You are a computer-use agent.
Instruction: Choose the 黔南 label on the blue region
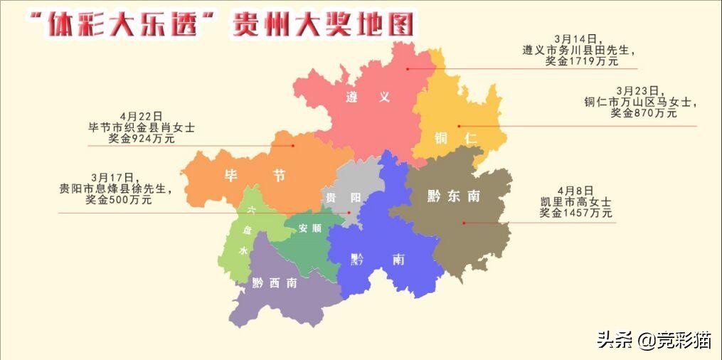coord(378,260)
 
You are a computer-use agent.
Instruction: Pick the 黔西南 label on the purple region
coord(275,282)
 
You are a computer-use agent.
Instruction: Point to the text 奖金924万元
coord(142,139)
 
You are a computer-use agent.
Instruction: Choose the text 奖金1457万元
coord(575,213)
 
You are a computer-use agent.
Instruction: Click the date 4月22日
coord(142,115)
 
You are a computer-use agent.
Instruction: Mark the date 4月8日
coord(575,190)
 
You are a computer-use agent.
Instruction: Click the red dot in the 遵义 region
coord(408,68)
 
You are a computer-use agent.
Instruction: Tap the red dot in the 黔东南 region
coord(464,223)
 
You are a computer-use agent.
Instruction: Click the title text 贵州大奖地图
coord(323,26)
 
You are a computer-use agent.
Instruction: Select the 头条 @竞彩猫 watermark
coord(653,339)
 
